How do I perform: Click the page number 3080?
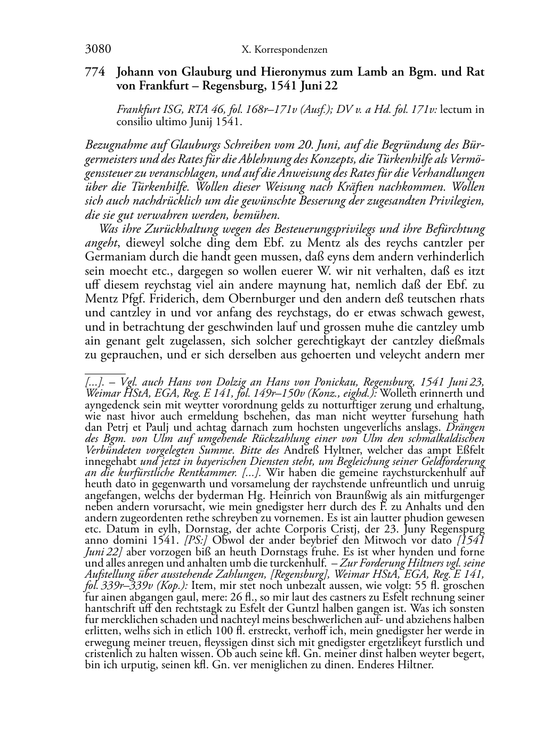(98, 50)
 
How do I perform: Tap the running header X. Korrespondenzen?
(284, 51)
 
